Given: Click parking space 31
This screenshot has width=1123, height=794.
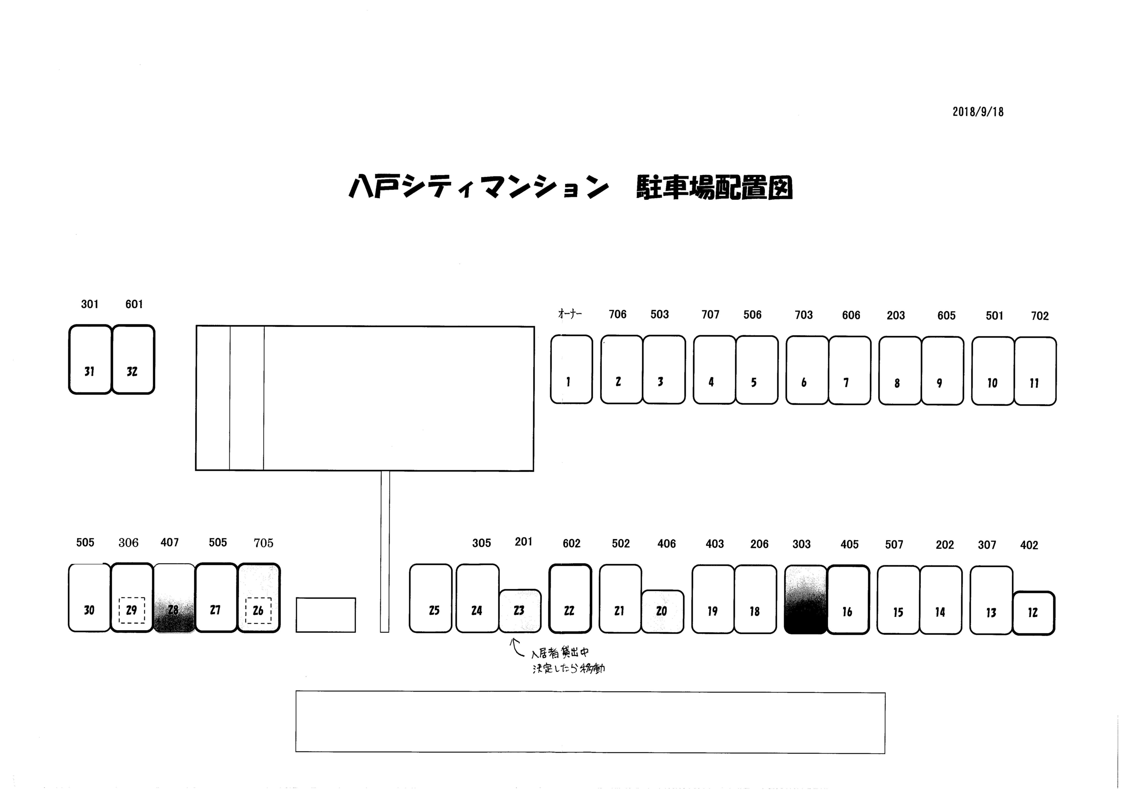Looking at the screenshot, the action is point(90,360).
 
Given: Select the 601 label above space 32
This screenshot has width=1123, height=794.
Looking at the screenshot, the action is point(134,304).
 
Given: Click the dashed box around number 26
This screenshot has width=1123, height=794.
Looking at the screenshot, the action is point(258,611).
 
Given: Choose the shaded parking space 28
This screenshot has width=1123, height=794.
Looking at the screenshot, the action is point(174,598).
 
